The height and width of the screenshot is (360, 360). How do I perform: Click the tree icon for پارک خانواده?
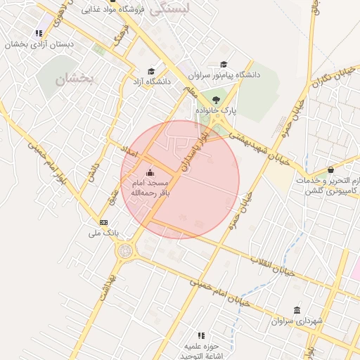(x=216, y=99)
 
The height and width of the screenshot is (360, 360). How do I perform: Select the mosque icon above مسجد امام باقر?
(x=148, y=173)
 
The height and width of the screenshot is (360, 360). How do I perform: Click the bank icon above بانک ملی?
(x=104, y=221)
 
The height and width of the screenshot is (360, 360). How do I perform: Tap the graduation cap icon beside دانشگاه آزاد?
(x=150, y=71)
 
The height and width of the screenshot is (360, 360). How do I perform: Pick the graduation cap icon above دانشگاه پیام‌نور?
(x=224, y=64)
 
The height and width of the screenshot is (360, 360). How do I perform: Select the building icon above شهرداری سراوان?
(x=296, y=310)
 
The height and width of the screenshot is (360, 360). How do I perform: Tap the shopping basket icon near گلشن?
(x=330, y=169)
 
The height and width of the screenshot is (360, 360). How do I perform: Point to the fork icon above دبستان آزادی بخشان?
(x=39, y=33)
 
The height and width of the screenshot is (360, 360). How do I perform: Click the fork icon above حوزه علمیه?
(x=201, y=335)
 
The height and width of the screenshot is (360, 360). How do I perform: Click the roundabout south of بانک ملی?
(x=125, y=250)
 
